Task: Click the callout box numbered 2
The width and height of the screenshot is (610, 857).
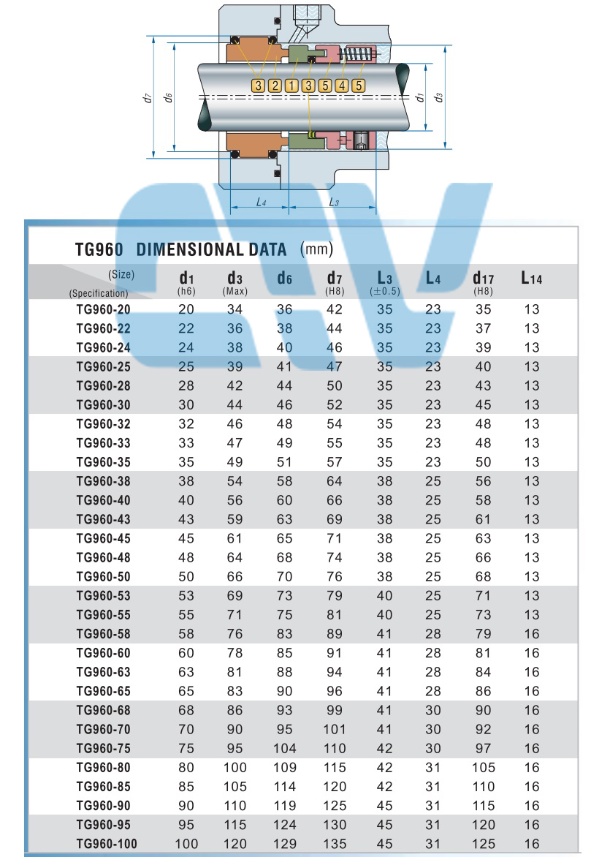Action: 275,86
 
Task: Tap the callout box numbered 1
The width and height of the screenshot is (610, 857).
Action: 291,86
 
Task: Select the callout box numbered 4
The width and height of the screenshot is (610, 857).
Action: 341,86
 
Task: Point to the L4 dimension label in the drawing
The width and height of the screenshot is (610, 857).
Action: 261,201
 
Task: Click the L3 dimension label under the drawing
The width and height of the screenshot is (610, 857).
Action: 333,201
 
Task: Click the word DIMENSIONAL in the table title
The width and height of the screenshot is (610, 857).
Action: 211,249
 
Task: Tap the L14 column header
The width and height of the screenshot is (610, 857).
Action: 531,278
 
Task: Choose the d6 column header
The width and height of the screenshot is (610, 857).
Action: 285,279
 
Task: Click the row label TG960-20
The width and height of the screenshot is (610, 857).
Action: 104,309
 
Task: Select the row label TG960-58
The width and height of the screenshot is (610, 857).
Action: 104,634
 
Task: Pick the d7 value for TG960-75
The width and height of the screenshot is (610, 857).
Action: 334,748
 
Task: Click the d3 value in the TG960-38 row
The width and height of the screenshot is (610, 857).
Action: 235,481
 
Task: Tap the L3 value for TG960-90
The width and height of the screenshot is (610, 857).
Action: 385,806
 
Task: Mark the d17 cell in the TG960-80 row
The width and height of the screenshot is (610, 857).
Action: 483,768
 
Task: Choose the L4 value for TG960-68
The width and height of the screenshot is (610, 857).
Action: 433,710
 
